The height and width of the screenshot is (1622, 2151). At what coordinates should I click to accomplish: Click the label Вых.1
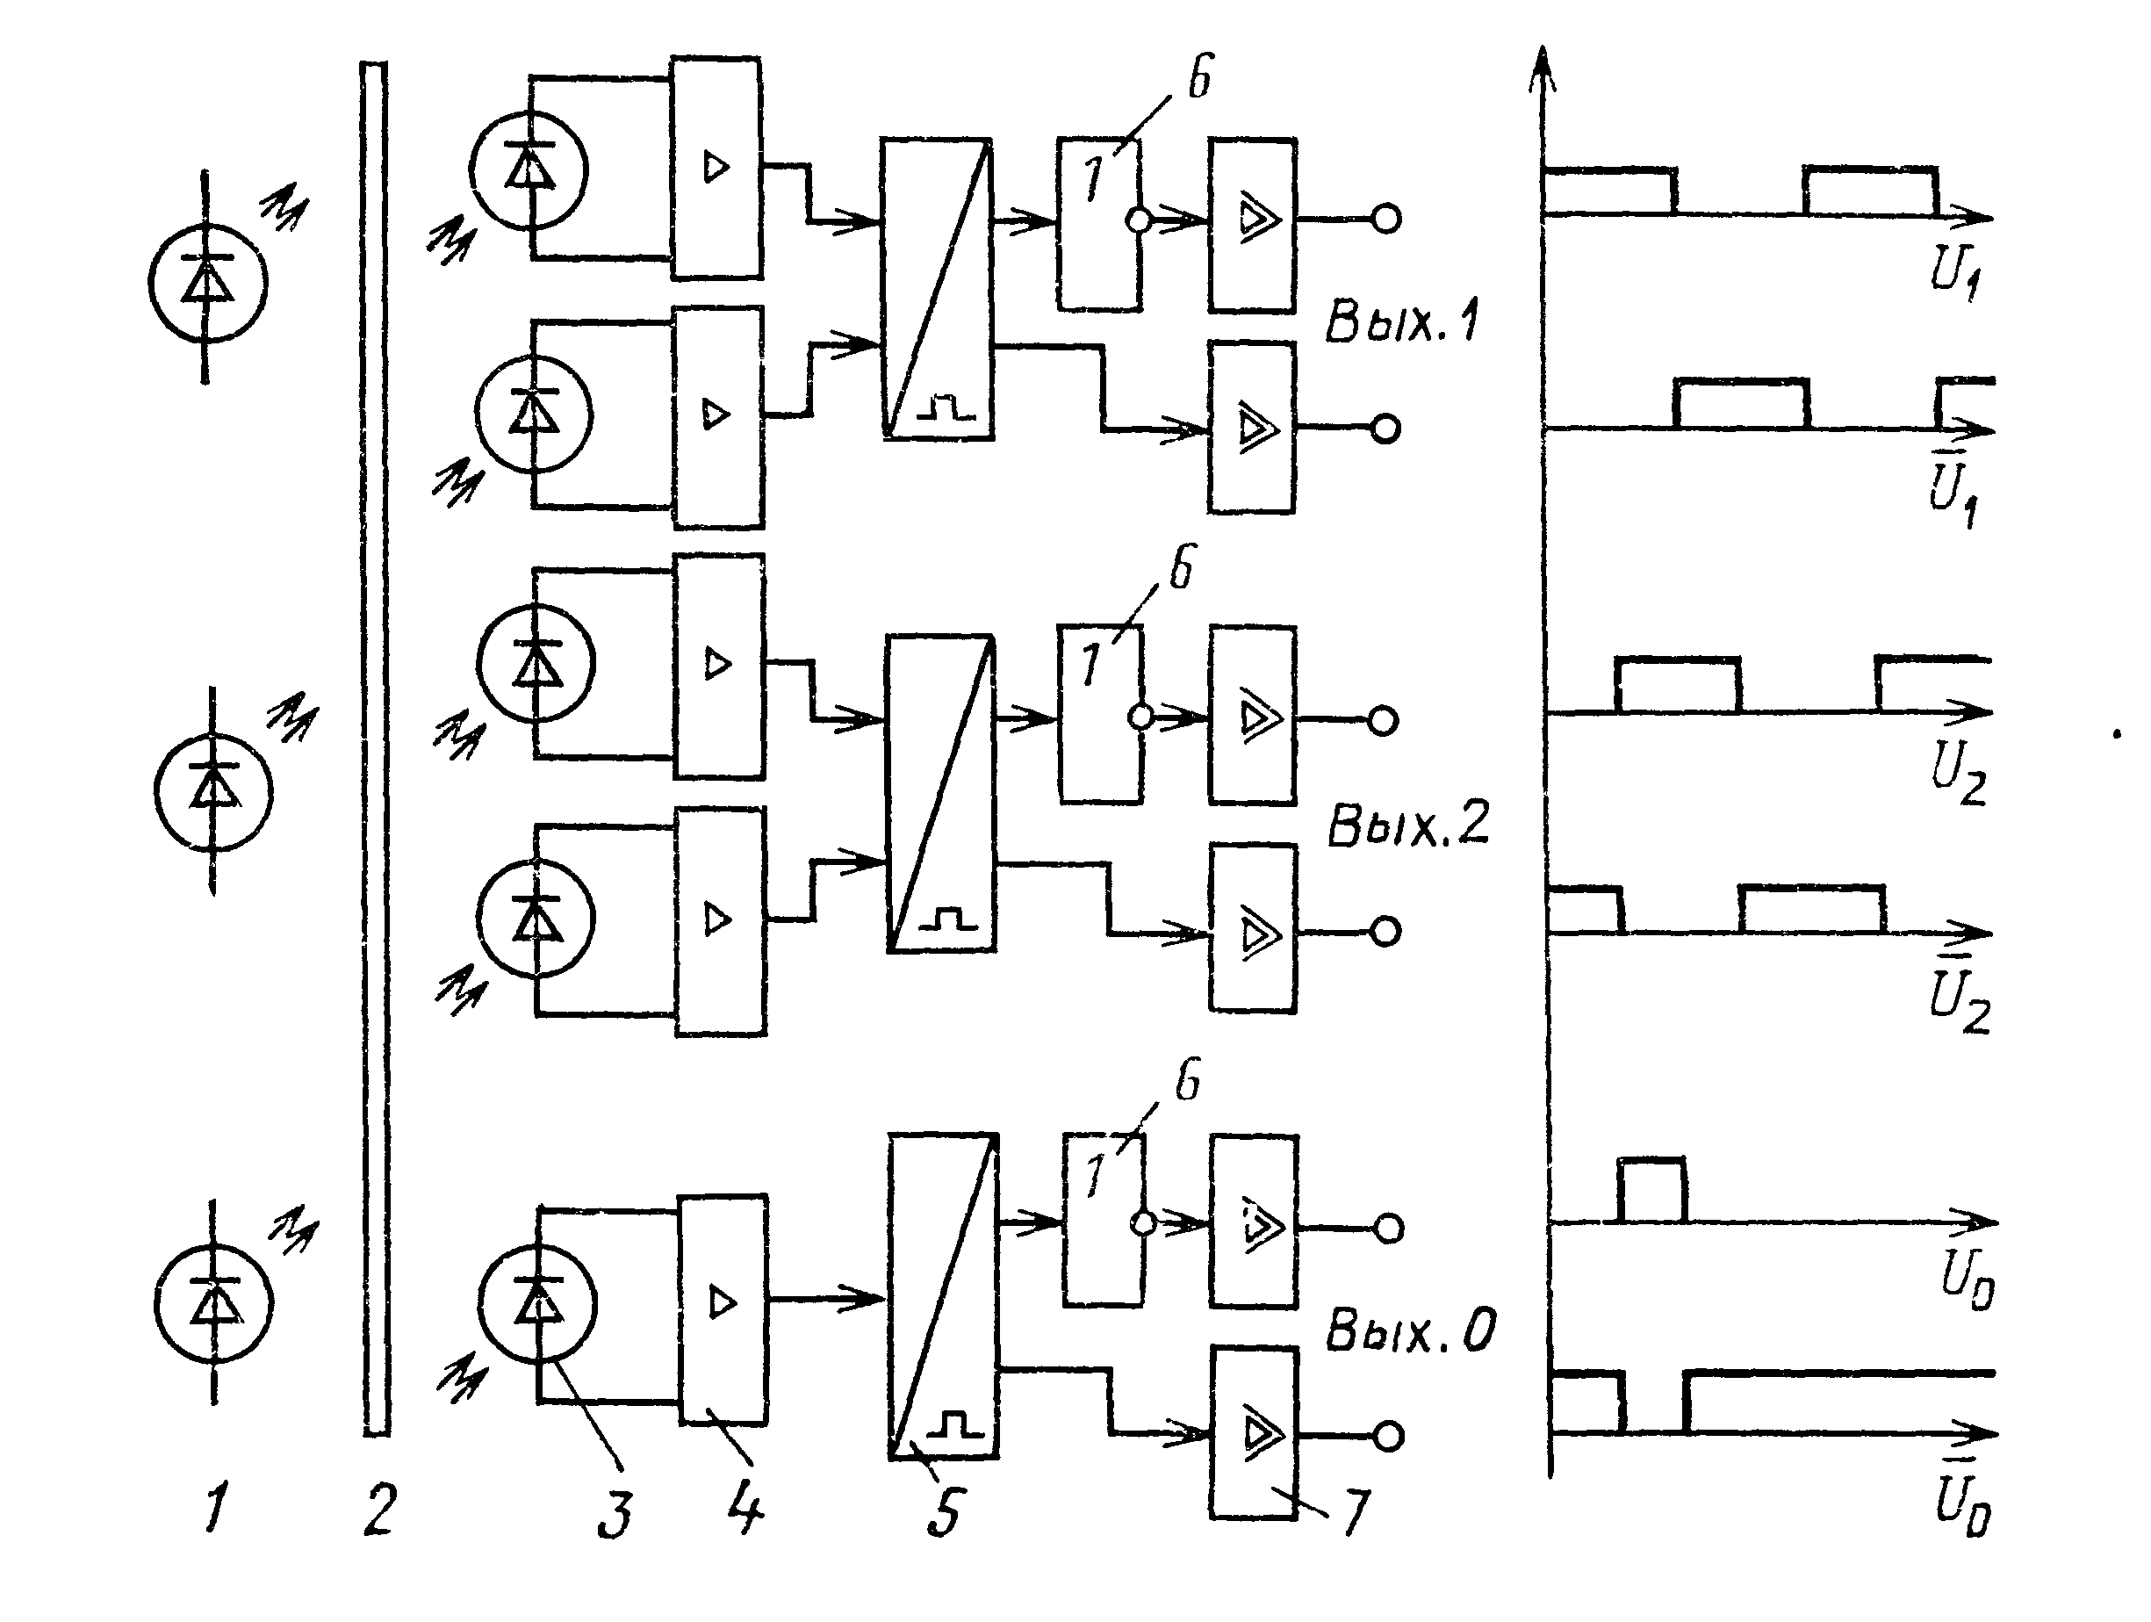[x=1401, y=321]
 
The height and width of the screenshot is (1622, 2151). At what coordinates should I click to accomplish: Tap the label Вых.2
[x=1407, y=825]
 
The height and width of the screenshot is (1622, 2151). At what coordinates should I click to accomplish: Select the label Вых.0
[x=1410, y=1330]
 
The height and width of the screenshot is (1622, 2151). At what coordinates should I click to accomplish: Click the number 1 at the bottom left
[x=216, y=1508]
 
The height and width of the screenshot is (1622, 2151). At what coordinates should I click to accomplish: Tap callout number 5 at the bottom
[x=943, y=1512]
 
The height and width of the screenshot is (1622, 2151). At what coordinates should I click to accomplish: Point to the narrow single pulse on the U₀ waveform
[x=1651, y=1188]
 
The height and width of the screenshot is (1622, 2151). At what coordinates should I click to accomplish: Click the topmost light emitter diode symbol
[x=206, y=282]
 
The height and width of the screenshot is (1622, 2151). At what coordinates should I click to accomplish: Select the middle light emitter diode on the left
[x=213, y=790]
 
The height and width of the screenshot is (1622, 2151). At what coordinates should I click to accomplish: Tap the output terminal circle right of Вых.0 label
[x=1389, y=1435]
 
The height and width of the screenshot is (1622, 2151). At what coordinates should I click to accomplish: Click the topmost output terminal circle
[x=1386, y=220]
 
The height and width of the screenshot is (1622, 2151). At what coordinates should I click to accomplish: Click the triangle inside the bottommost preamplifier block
[x=722, y=1302]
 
